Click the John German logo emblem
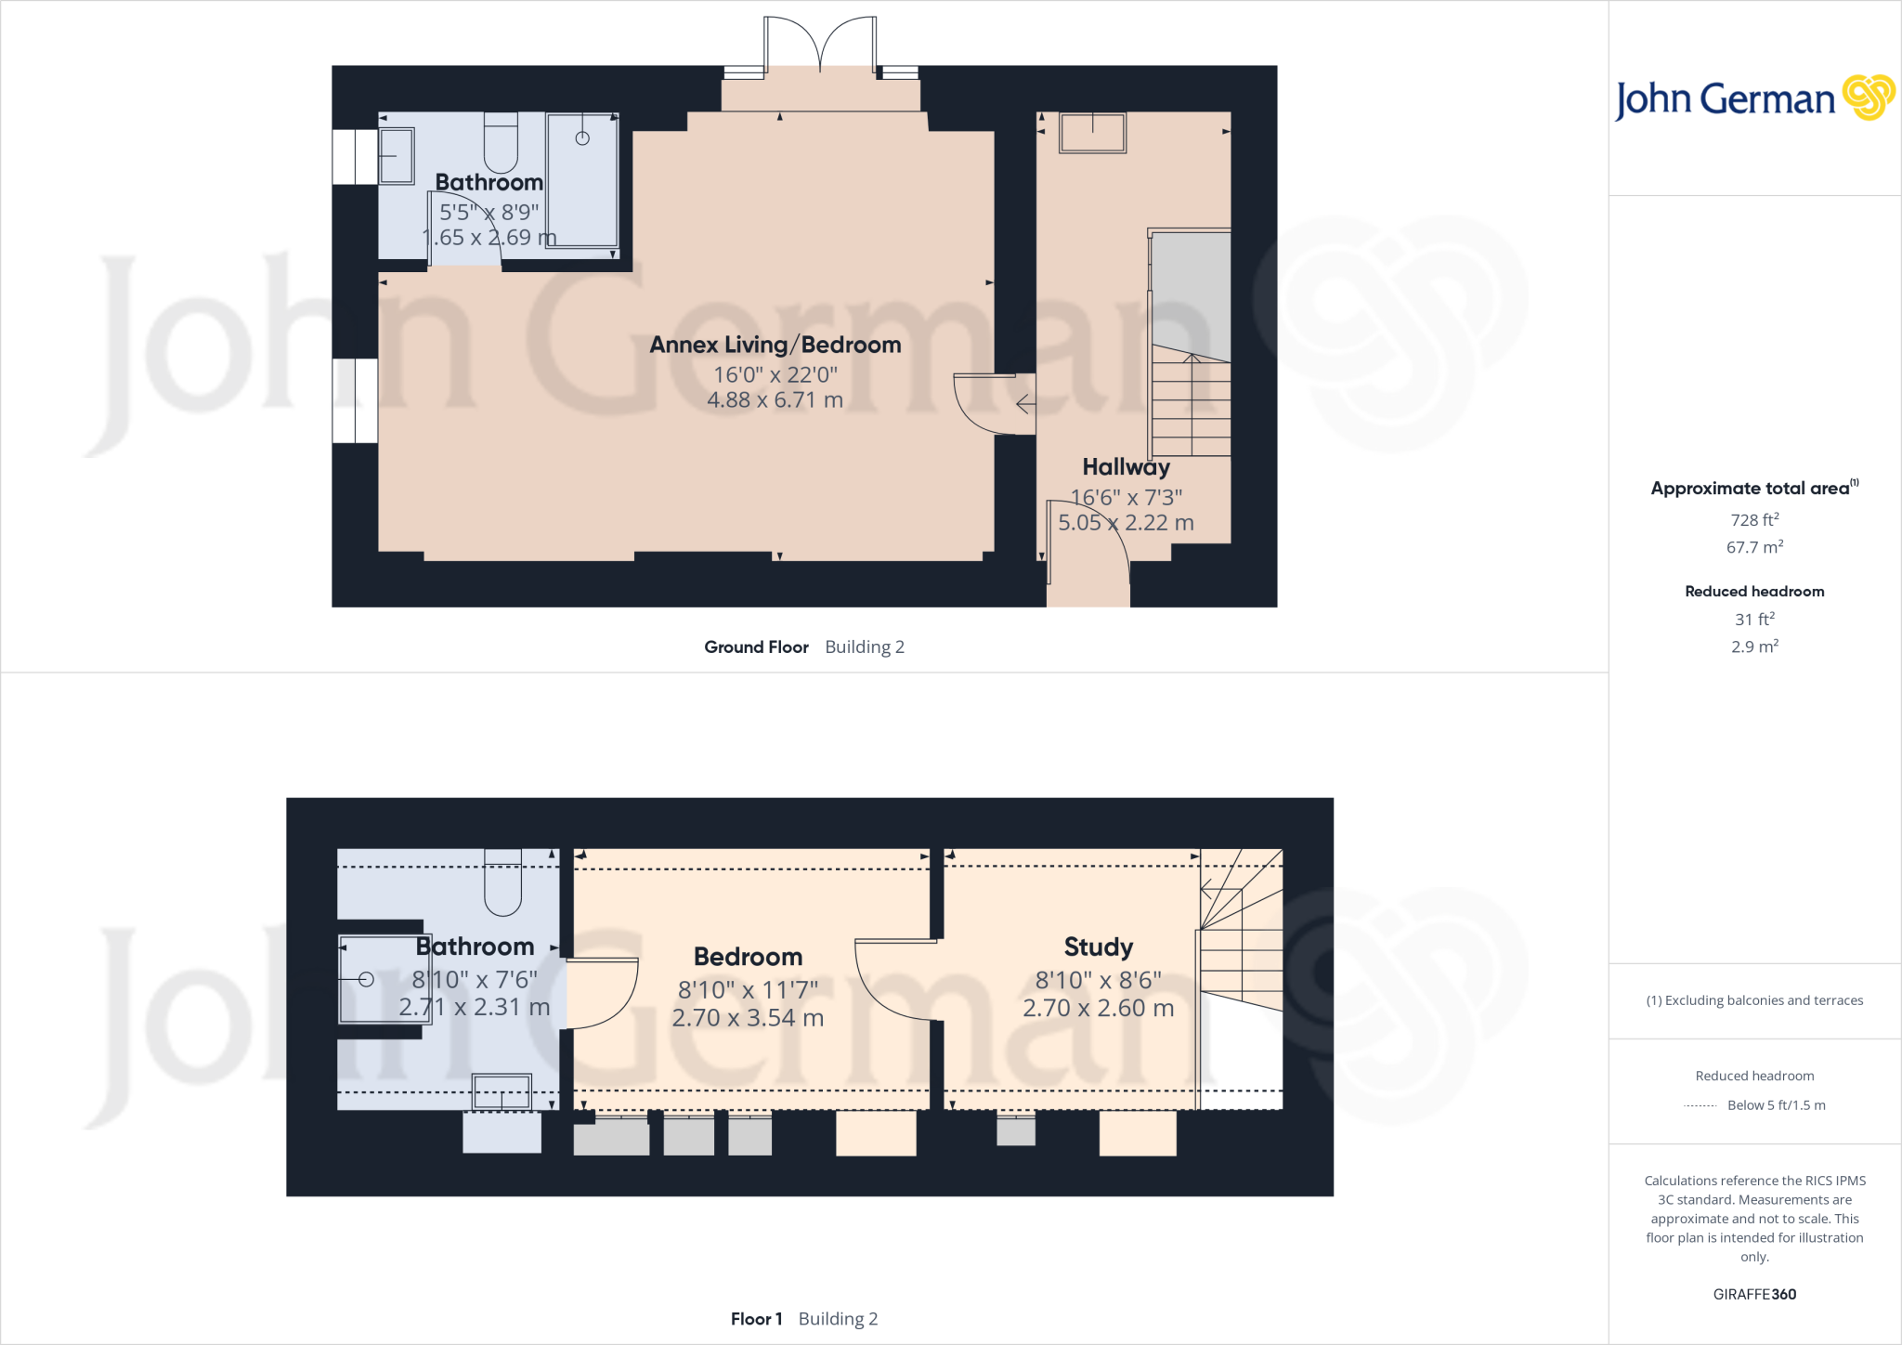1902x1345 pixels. (1868, 98)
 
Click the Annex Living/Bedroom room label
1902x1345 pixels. (775, 345)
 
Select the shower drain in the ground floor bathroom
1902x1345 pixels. (582, 138)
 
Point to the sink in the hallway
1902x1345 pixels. (1092, 133)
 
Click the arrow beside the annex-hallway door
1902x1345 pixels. (1025, 404)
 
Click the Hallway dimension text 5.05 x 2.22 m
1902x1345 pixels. (1126, 523)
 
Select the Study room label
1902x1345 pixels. (1098, 947)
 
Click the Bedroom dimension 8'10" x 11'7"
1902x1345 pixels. (748, 990)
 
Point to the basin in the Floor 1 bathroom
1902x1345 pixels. (502, 1092)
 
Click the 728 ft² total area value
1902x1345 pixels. (1753, 520)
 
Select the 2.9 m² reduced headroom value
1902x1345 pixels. (1753, 646)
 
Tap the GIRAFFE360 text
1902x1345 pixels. (1753, 1294)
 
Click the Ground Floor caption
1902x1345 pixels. (756, 647)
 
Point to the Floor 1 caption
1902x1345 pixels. (756, 1319)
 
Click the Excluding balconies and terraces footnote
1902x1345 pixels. (1753, 1000)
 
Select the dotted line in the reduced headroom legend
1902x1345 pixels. (1700, 1106)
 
